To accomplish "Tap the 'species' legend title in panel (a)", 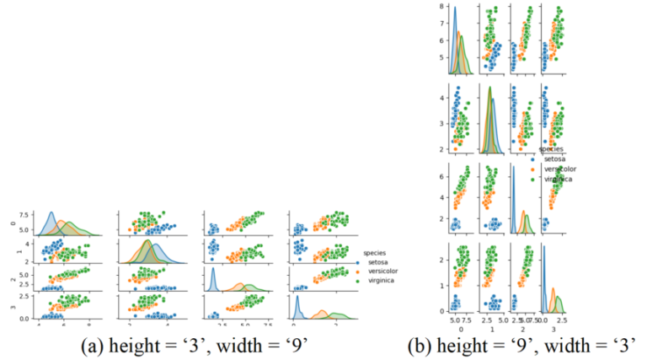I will pos(375,252).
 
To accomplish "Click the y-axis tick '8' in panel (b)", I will pos(440,6).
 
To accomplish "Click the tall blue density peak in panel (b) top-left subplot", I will pos(456,10).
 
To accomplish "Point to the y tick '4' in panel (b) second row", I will pos(440,97).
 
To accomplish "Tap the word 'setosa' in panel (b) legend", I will pos(555,158).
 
